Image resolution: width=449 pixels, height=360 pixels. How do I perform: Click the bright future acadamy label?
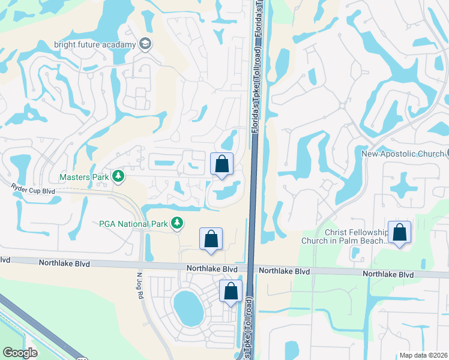click(95, 44)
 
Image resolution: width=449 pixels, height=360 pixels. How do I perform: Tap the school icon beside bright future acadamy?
click(145, 44)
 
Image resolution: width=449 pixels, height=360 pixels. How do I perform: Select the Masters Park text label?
click(84, 177)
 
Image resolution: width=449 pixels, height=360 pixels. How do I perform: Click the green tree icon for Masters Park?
click(119, 176)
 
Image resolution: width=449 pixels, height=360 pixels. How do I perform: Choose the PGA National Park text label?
click(133, 224)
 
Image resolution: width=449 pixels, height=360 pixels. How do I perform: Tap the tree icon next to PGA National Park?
click(176, 223)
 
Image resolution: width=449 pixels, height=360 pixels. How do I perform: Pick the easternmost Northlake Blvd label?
click(388, 274)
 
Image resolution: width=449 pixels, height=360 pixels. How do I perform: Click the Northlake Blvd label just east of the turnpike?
click(284, 271)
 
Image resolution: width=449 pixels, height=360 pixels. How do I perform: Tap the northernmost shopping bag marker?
click(221, 164)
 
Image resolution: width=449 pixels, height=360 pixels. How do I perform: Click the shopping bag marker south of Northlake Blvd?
click(231, 292)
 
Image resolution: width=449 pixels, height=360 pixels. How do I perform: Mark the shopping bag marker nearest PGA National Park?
click(211, 239)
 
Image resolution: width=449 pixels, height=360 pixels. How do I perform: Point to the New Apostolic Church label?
click(402, 154)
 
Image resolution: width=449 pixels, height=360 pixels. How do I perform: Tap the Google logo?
click(20, 353)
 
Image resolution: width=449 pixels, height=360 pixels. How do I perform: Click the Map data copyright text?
click(423, 355)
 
